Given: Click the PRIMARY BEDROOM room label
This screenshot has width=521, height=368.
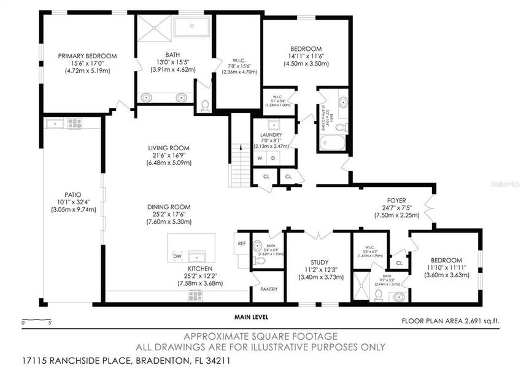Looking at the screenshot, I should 87,56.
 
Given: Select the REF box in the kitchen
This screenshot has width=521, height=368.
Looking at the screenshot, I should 242,243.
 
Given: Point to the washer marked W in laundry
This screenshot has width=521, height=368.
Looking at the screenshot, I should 260,158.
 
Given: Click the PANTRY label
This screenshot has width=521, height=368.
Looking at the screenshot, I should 269,289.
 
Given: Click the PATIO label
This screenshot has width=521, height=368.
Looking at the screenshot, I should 73,194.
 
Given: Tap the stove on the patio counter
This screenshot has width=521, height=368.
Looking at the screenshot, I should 74,123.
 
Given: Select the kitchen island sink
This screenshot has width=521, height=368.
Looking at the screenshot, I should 197,256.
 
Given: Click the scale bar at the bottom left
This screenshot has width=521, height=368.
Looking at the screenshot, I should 36,321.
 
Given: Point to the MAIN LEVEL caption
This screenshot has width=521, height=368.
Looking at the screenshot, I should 250,317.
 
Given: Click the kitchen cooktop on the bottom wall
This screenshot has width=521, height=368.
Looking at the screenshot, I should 195,296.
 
